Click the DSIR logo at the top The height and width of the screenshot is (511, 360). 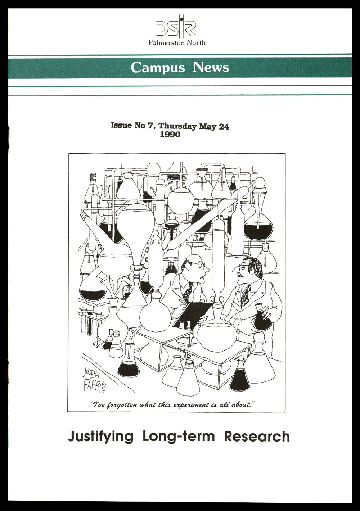pos(176,27)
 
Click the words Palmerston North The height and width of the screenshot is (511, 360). pos(177,42)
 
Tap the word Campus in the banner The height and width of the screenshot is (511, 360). pos(158,67)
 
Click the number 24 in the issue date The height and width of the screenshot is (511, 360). pos(224,126)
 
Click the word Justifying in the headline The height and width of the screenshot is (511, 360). pos(100,437)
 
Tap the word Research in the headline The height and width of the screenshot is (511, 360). pos(257,437)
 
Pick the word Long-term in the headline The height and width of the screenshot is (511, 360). pos(179,437)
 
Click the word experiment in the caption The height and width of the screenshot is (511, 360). pos(193,405)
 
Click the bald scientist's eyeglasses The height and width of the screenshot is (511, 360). pos(197,265)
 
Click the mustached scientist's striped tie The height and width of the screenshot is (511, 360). pos(246,295)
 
